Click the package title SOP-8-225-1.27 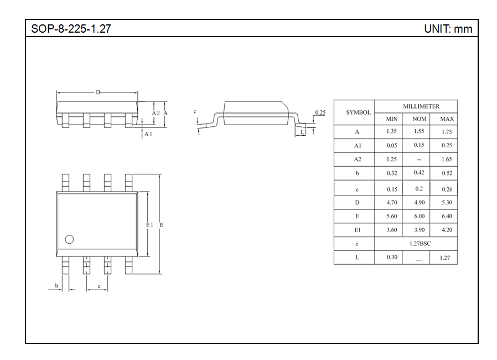(x=71, y=29)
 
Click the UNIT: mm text (x=448, y=29)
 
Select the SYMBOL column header (x=358, y=112)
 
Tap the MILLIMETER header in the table (x=421, y=106)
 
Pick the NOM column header (x=419, y=119)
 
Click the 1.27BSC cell (x=420, y=244)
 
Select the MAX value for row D (x=447, y=202)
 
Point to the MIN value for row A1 (x=392, y=145)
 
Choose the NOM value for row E (x=419, y=217)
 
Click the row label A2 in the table (x=357, y=159)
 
